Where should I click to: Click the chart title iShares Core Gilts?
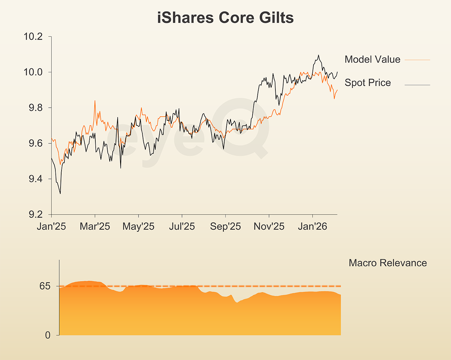coord(225,18)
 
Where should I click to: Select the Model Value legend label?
coord(372,59)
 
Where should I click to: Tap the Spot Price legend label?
coord(368,83)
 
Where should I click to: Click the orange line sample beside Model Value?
coord(417,60)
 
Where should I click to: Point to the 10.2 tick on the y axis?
coord(33,36)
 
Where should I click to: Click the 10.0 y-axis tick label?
coord(33,72)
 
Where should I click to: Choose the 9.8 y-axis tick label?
coord(35,108)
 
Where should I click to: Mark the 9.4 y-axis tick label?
coord(35,179)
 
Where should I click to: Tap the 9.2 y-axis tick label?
coord(35,214)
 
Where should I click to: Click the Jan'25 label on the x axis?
coord(51,227)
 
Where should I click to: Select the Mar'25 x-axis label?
coord(95,227)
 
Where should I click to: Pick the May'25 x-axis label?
coord(138,227)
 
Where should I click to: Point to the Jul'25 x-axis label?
coord(182,227)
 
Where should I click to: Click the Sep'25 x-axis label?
coord(225,227)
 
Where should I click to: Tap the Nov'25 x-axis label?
coord(269,227)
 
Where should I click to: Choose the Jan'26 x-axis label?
coord(312,227)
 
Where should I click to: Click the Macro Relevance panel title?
coord(388,263)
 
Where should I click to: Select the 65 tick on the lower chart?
coord(45,286)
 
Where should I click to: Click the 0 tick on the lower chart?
coord(48,335)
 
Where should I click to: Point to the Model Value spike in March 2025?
coord(95,101)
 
